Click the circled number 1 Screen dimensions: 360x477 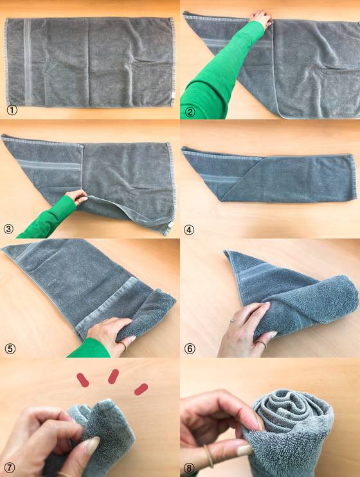(x=12, y=110)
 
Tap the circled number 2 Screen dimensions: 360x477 (x=190, y=113)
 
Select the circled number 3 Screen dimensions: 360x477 (x=8, y=229)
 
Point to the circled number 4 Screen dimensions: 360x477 (x=188, y=230)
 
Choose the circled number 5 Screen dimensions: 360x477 (x=10, y=348)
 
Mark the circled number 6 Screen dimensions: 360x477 (x=190, y=348)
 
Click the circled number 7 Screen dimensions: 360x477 (x=9, y=468)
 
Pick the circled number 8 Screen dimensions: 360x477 (x=189, y=469)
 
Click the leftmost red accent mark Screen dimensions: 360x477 (x=83, y=380)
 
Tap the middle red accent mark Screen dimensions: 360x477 (x=113, y=377)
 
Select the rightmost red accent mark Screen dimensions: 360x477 (x=141, y=390)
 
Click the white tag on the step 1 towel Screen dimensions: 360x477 (x=173, y=94)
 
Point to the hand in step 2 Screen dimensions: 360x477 (x=260, y=18)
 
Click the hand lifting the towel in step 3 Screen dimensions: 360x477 (x=77, y=197)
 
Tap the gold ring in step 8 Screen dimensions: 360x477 (x=208, y=455)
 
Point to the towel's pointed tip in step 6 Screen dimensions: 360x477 (x=226, y=252)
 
